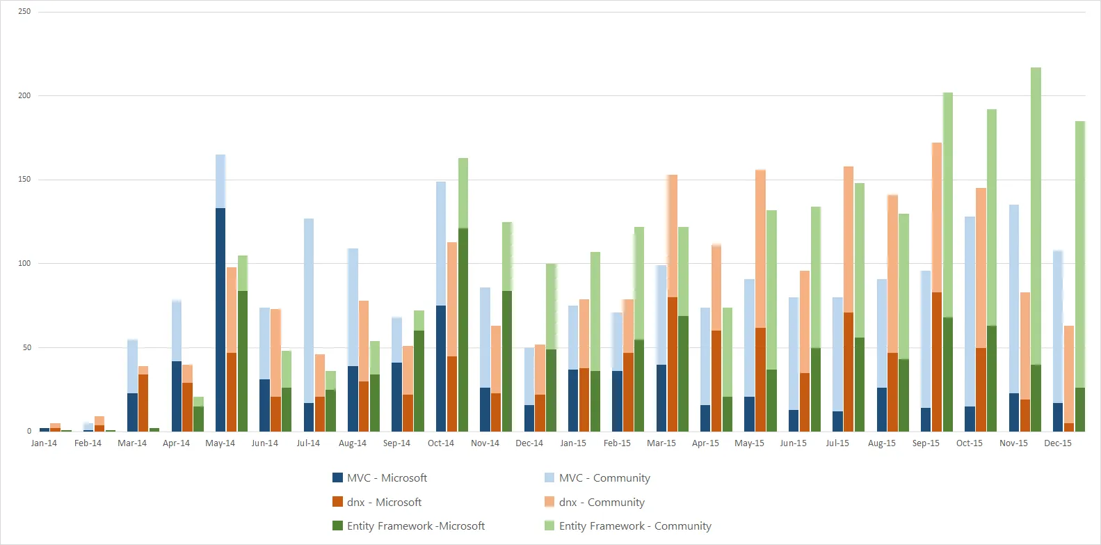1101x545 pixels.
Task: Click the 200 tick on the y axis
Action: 24,95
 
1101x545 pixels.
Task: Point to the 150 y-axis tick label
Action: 24,180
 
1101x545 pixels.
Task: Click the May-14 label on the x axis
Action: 220,443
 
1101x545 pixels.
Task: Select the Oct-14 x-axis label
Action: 440,443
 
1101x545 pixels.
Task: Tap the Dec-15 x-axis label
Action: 1057,443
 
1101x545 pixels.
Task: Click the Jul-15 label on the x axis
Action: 837,443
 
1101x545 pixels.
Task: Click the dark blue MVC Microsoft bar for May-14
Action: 220,319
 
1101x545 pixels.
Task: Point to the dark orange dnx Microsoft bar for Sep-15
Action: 937,362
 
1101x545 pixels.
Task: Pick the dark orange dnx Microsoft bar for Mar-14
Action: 143,403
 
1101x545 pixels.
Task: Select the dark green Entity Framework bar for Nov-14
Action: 507,361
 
